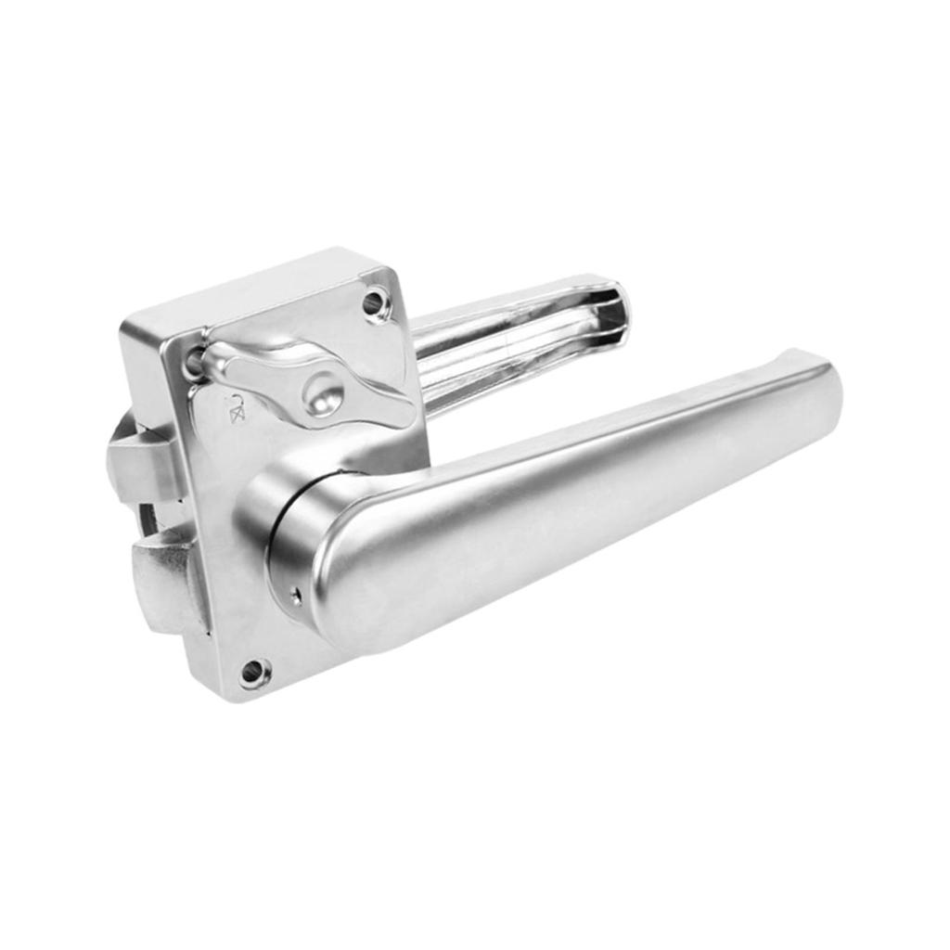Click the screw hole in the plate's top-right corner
tap(374, 302)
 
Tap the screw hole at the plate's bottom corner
tap(252, 672)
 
